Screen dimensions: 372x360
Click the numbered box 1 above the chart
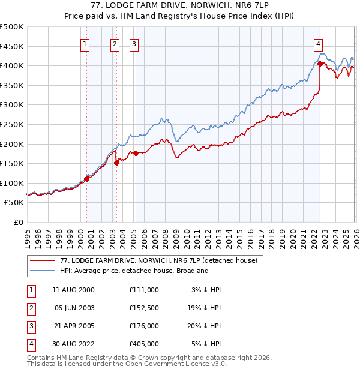[85, 43]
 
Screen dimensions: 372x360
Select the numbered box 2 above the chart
[115, 43]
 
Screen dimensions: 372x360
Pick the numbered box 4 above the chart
[318, 43]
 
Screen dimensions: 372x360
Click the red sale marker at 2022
[320, 64]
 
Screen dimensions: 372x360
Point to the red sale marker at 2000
[86, 179]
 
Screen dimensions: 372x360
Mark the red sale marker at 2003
[116, 163]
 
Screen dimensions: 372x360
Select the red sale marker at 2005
[136, 153]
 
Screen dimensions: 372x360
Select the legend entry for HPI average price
[134, 271]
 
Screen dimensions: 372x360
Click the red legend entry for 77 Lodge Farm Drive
[158, 260]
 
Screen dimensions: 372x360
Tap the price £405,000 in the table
[144, 344]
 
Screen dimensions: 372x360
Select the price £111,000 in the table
[144, 290]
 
